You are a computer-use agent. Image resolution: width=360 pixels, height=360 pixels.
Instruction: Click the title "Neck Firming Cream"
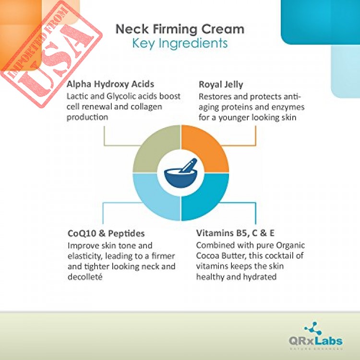point(180,30)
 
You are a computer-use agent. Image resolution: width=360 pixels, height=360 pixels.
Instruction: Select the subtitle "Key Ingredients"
point(180,43)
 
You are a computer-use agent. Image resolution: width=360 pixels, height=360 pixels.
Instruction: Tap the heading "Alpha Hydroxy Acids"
point(110,84)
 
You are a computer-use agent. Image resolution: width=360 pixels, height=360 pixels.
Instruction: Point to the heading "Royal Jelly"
point(221,84)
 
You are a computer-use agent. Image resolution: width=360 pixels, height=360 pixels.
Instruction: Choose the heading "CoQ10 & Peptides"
point(106,233)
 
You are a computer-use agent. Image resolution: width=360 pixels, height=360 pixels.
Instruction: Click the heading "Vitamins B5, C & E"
point(235,233)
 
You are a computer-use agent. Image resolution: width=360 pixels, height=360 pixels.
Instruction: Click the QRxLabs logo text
point(316,341)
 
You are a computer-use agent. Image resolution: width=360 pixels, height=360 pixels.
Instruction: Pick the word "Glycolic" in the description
point(120,96)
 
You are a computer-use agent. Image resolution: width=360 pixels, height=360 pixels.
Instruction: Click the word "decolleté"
point(85,277)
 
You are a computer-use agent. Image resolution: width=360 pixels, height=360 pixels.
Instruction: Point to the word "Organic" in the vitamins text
point(290,246)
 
